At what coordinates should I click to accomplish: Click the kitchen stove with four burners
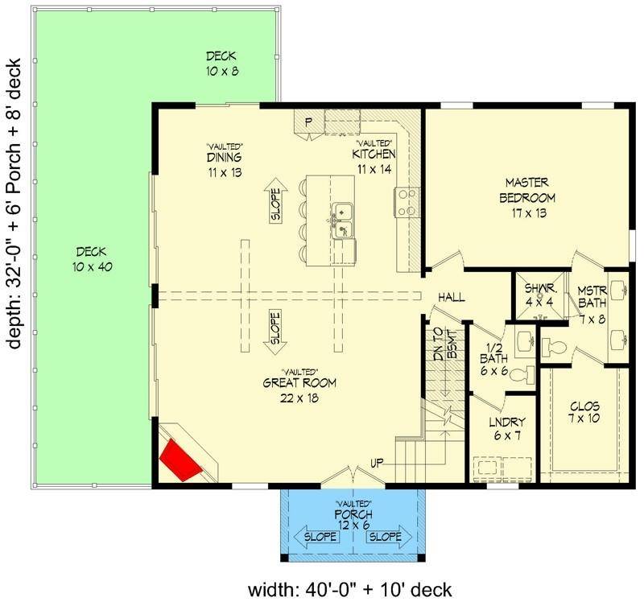(x=406, y=201)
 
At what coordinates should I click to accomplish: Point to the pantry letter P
(x=308, y=122)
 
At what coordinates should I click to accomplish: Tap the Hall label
(x=452, y=298)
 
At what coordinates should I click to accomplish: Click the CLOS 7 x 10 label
(x=585, y=413)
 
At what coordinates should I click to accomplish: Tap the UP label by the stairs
(x=377, y=463)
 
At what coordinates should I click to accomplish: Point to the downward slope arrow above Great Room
(x=275, y=332)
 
